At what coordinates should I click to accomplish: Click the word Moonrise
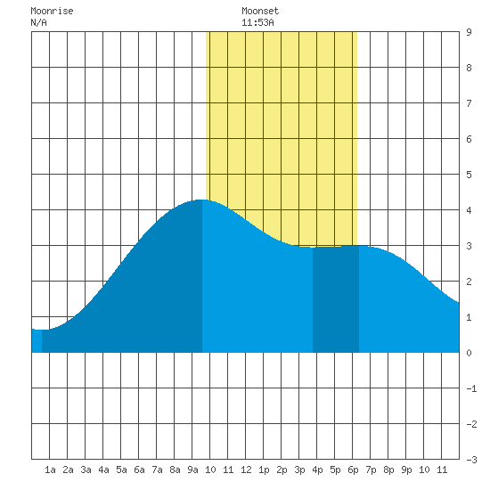pyautogui.click(x=52, y=11)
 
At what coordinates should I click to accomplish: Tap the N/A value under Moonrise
pyautogui.click(x=38, y=22)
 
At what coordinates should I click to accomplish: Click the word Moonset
pyautogui.click(x=260, y=11)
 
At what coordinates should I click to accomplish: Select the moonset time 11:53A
pyautogui.click(x=257, y=22)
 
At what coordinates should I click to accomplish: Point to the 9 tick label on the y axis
pyautogui.click(x=469, y=32)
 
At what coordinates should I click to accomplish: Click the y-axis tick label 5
pyautogui.click(x=469, y=175)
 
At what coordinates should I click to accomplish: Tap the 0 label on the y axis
pyautogui.click(x=469, y=353)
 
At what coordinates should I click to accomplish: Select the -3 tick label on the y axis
pyautogui.click(x=471, y=460)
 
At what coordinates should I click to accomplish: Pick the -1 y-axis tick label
pyautogui.click(x=471, y=388)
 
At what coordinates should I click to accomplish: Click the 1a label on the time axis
pyautogui.click(x=50, y=470)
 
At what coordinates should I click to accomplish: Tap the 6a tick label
pyautogui.click(x=139, y=470)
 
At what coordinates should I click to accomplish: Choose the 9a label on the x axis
pyautogui.click(x=192, y=470)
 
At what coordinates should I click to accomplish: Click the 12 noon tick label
pyautogui.click(x=246, y=470)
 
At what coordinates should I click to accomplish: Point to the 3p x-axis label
pyautogui.click(x=299, y=470)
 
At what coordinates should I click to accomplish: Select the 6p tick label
pyautogui.click(x=353, y=470)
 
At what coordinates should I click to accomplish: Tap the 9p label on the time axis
pyautogui.click(x=406, y=470)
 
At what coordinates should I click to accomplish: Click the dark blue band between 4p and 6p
pyautogui.click(x=336, y=299)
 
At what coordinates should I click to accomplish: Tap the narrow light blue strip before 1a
pyautogui.click(x=37, y=341)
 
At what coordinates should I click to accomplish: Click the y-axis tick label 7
pyautogui.click(x=469, y=103)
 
